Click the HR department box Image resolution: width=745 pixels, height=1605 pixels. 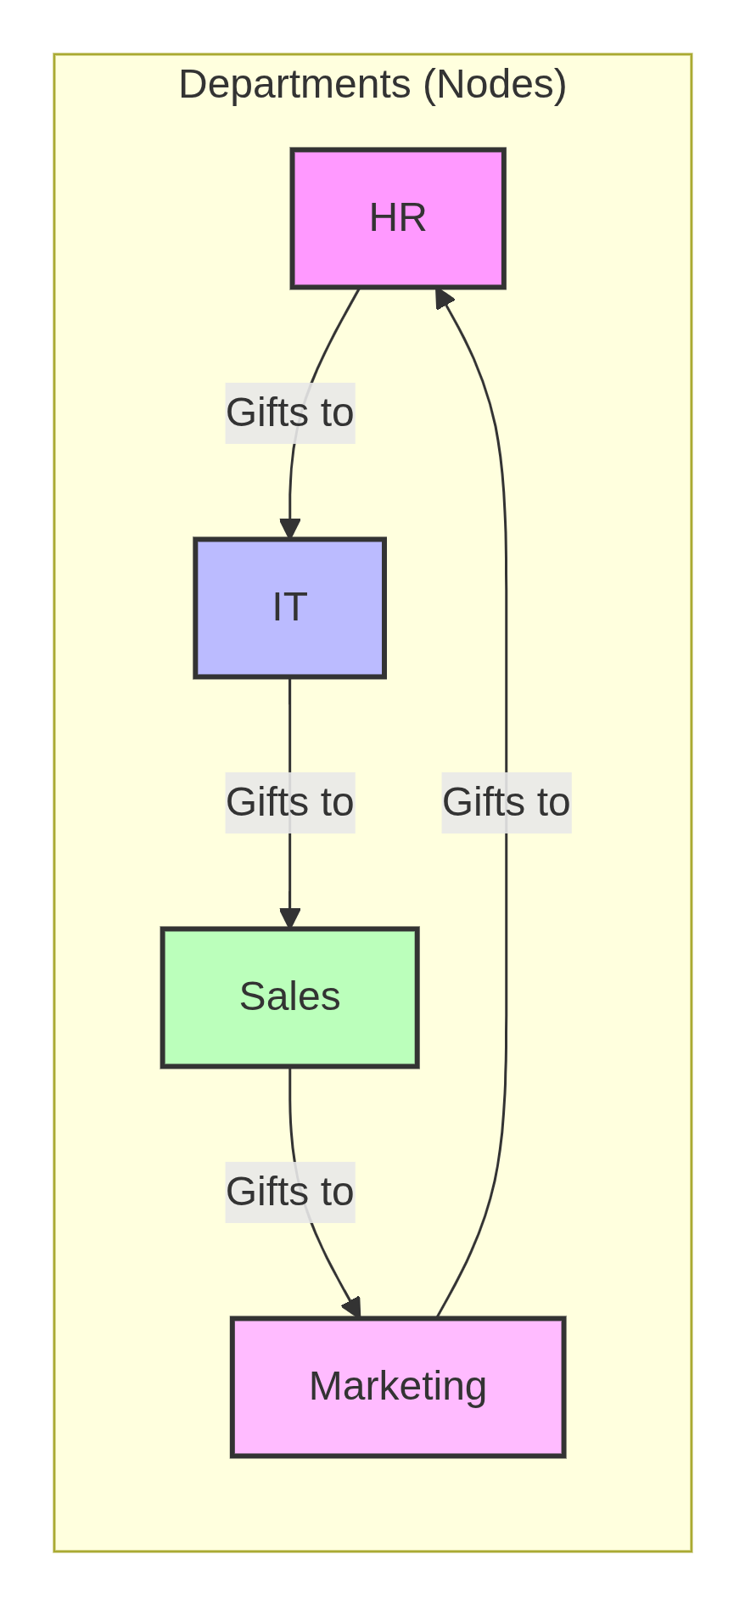[x=398, y=218]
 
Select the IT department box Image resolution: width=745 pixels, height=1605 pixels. [x=289, y=608]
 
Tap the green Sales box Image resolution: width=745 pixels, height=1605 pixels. [x=289, y=997]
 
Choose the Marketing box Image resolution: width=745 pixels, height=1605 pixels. [x=398, y=1387]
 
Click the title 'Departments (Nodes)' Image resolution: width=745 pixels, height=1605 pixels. [x=372, y=85]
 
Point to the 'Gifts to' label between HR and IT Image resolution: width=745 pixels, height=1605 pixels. [x=289, y=413]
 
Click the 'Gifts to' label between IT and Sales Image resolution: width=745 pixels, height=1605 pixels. [x=289, y=802]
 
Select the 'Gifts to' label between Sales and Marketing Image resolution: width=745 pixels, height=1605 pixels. [x=289, y=1192]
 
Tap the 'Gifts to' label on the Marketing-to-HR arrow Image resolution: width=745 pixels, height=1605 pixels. [x=507, y=802]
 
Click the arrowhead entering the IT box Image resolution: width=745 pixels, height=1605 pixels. [x=290, y=529]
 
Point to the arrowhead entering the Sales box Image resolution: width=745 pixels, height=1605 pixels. [x=290, y=918]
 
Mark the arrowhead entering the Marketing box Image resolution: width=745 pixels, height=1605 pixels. [x=353, y=1307]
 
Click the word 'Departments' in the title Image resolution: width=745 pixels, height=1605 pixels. [x=295, y=85]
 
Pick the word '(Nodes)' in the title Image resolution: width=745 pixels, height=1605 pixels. [x=495, y=85]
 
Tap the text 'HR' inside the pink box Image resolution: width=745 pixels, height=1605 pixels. [x=398, y=218]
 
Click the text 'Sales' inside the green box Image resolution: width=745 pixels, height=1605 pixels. [x=289, y=997]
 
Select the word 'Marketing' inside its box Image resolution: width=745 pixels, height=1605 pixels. [x=398, y=1387]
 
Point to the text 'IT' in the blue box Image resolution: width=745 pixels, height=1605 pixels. [x=289, y=608]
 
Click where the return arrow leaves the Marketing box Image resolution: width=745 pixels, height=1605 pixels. [x=439, y=1316]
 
